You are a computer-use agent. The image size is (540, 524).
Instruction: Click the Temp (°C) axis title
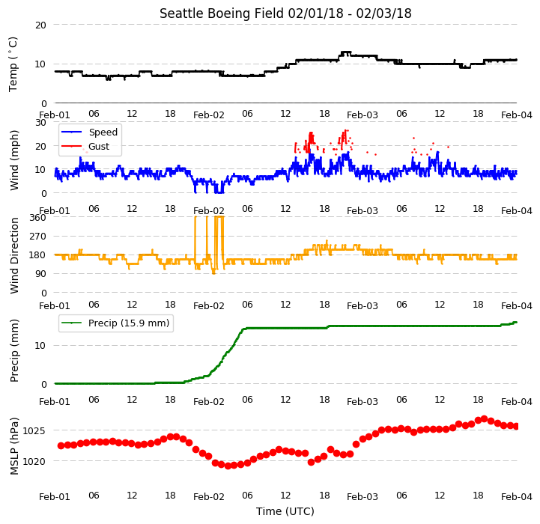(x=13, y=64)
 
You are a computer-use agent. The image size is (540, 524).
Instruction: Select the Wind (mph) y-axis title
(x=14, y=160)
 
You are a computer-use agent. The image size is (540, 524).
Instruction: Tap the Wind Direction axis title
(x=14, y=255)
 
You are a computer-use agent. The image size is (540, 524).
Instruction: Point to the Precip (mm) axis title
(x=14, y=351)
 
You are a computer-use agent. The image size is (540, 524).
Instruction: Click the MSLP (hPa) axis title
(x=14, y=446)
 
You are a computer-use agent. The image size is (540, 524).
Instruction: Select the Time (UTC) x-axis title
(x=285, y=511)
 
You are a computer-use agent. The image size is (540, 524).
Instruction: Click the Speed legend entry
(x=89, y=132)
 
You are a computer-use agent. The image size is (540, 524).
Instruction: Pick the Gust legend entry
(x=85, y=146)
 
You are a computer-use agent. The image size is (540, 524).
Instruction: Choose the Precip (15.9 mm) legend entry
(x=115, y=323)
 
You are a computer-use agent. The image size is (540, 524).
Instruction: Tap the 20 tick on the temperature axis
(x=40, y=25)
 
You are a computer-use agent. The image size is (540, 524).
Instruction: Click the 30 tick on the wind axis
(x=40, y=123)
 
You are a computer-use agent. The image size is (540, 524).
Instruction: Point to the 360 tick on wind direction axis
(x=38, y=218)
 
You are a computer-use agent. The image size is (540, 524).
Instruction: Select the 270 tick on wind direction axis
(x=38, y=237)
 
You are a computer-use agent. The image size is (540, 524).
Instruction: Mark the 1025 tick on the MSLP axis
(x=34, y=430)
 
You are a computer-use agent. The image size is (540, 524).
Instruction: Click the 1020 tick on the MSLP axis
(x=34, y=461)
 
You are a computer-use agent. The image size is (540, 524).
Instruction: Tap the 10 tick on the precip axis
(x=40, y=346)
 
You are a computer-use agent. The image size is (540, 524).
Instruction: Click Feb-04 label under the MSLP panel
(x=517, y=497)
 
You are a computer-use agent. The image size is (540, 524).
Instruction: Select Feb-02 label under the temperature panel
(x=209, y=115)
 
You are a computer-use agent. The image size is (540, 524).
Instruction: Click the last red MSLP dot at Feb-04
(x=515, y=427)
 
